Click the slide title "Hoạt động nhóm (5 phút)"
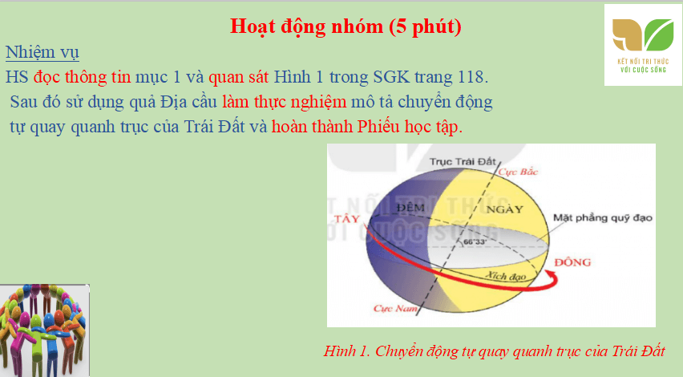tap(346, 26)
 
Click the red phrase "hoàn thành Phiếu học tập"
tap(366, 128)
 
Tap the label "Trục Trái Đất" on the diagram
tap(463, 160)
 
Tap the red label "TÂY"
tap(346, 219)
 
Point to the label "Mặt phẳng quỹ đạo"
tap(604, 217)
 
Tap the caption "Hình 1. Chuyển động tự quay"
tap(495, 351)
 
